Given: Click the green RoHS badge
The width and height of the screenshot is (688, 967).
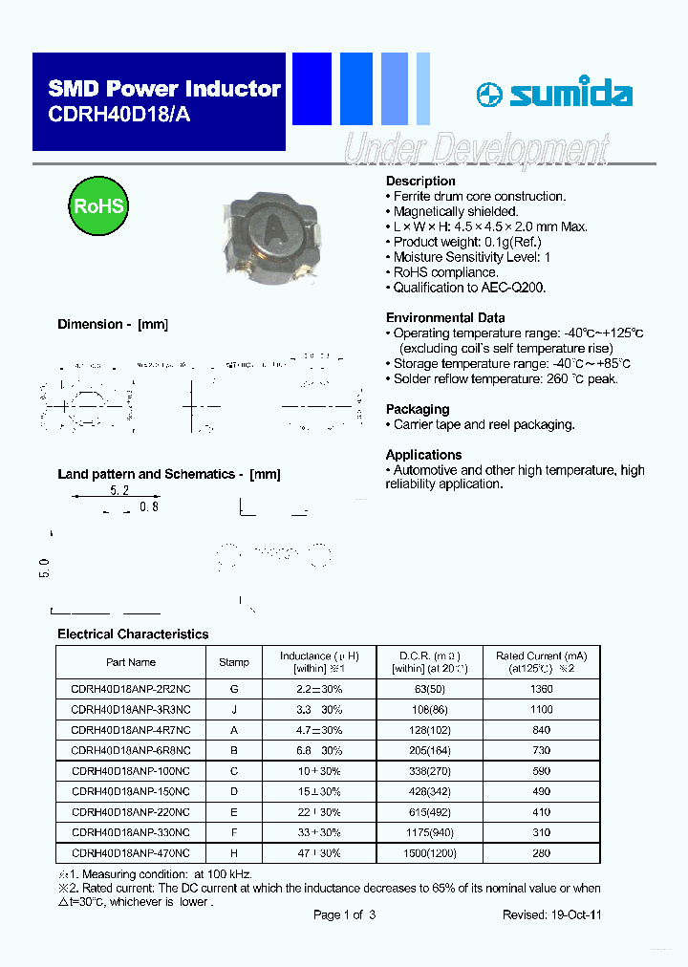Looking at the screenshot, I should pos(99,205).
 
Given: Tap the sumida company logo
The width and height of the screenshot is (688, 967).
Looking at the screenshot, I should pos(554,94).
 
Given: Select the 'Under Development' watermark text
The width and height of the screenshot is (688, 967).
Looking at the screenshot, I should pos(475,150).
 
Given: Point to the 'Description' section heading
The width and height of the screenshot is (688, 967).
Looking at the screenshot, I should pos(420,181).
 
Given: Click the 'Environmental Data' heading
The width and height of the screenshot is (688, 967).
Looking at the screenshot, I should pos(445,317).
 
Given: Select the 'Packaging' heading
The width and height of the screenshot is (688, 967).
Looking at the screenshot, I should pos(417,409).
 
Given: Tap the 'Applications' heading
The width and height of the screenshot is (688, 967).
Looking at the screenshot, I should pos(423,455).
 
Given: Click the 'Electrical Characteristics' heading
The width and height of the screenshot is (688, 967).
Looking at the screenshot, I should pos(133,634).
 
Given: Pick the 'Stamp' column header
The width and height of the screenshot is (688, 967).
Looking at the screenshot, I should pos(234,662).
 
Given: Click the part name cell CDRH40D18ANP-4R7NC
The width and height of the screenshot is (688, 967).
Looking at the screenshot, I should pos(131,730).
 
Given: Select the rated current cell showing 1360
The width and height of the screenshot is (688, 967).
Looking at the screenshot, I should pos(541,689).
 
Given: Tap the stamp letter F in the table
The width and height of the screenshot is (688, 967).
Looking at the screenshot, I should pos(234,832).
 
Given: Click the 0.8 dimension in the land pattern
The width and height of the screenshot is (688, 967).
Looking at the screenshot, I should pos(149,507).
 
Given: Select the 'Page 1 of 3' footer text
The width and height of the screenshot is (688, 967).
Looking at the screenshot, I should pos(344,914).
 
